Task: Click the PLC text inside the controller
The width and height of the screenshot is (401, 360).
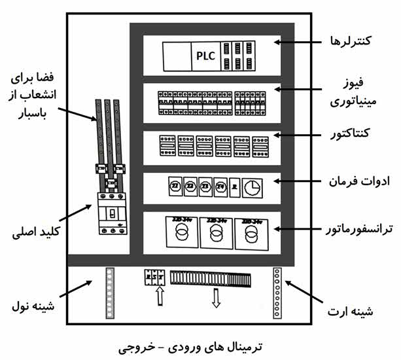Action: click(x=205, y=56)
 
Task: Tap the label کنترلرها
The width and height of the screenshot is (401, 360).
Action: click(x=348, y=41)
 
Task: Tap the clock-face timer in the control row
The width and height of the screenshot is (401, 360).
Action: click(x=252, y=189)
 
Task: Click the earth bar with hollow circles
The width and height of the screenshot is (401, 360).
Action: click(x=278, y=292)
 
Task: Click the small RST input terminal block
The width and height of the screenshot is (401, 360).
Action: click(x=155, y=278)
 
